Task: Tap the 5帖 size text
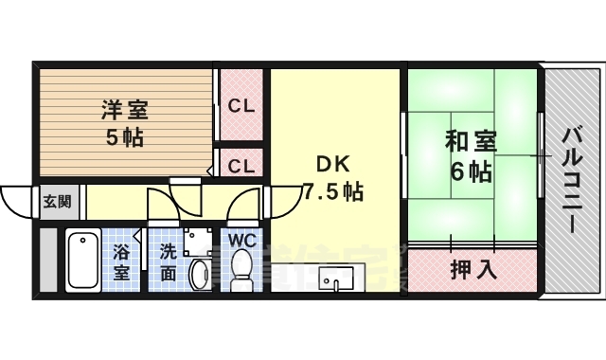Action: [124, 137]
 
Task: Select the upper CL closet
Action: [241, 106]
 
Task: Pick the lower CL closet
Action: [241, 166]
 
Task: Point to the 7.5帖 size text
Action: [332, 190]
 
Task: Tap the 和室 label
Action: [471, 143]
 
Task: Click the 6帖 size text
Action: [470, 173]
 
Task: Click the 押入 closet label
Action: [472, 269]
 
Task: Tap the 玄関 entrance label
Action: [56, 201]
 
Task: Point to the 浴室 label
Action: [122, 262]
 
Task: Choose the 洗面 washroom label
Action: [167, 262]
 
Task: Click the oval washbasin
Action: [200, 275]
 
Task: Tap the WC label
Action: [241, 239]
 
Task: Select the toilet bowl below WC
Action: [242, 269]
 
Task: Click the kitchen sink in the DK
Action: [336, 280]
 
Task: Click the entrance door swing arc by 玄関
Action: [15, 202]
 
